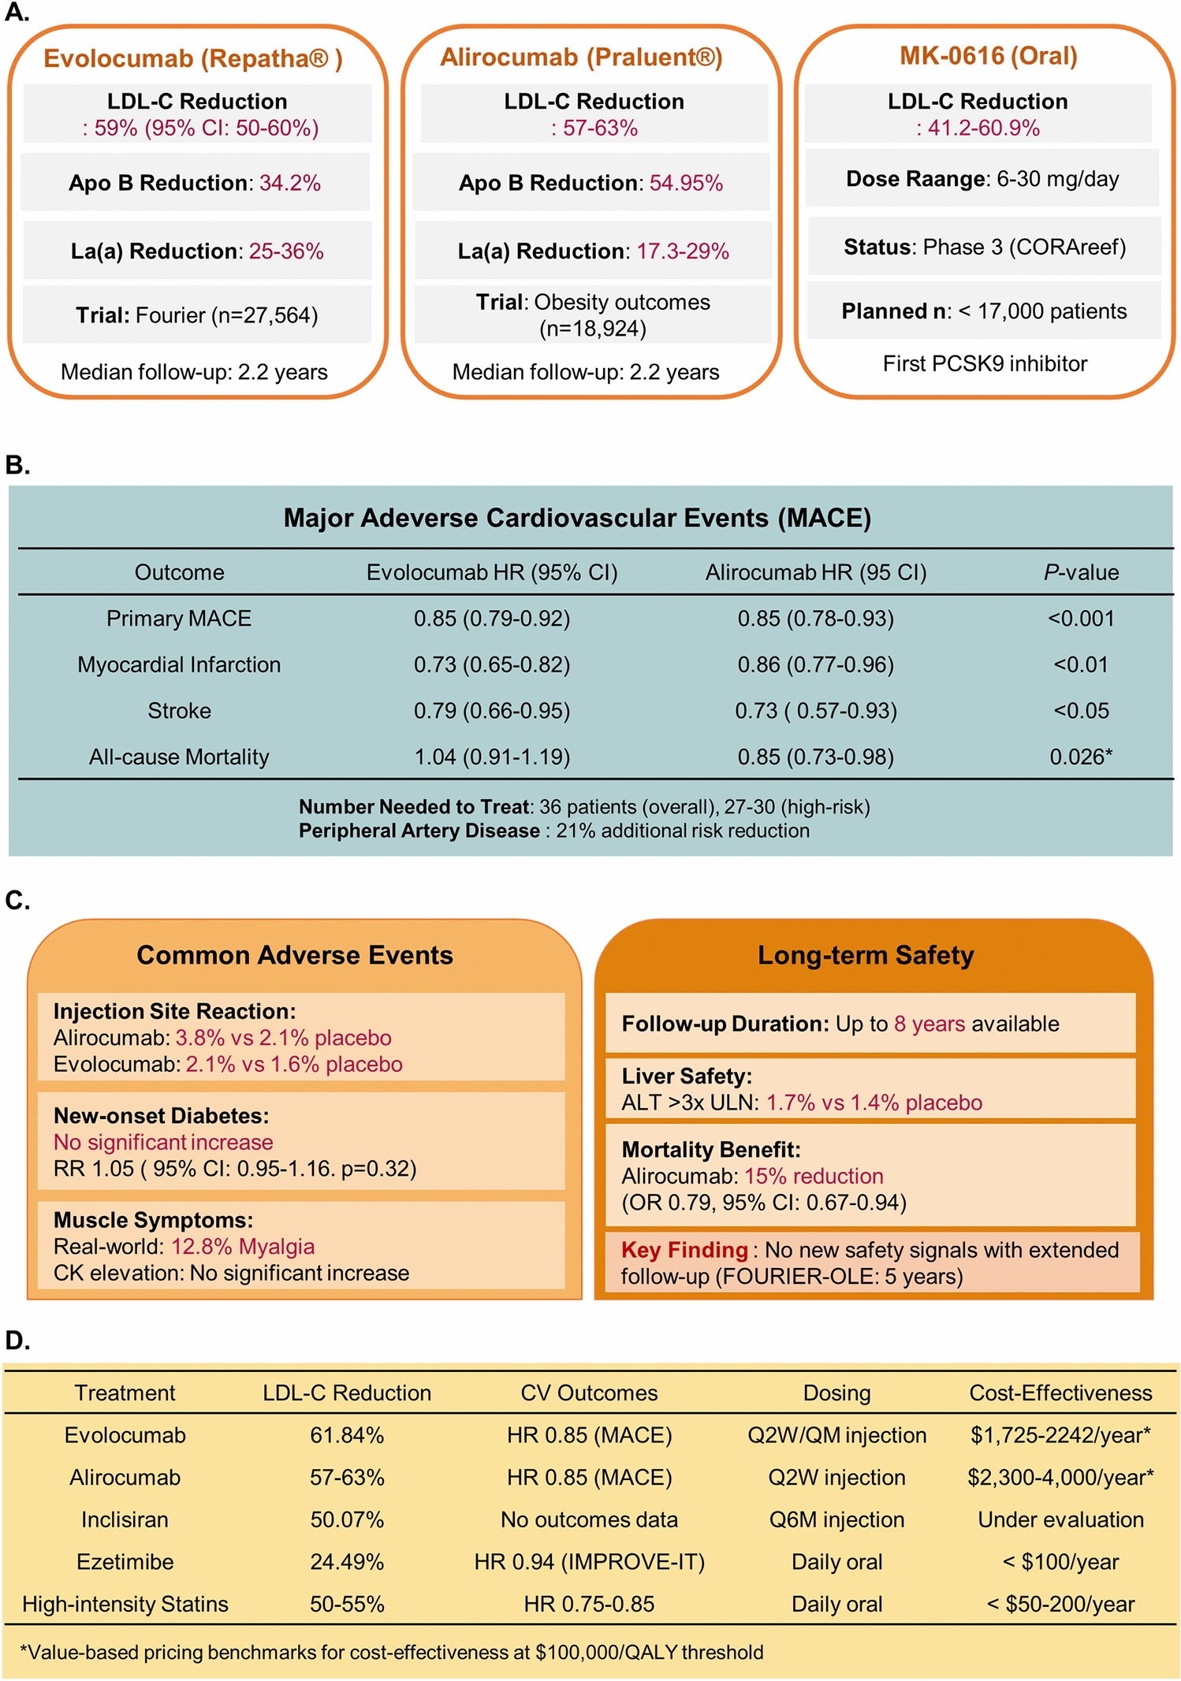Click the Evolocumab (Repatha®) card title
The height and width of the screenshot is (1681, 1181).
[x=192, y=58]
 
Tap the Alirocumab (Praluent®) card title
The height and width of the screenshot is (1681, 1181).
[x=581, y=58]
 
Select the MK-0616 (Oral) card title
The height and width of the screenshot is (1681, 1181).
[x=988, y=56]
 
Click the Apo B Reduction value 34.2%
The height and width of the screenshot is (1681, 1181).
[x=290, y=183]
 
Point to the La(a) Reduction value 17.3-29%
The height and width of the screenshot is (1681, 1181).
[x=682, y=251]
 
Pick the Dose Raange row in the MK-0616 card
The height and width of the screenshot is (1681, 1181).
[x=982, y=179]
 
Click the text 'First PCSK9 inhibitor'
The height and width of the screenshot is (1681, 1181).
[x=985, y=363]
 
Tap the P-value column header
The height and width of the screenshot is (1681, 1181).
[x=1081, y=572]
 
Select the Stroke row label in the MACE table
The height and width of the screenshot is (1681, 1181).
[x=179, y=711]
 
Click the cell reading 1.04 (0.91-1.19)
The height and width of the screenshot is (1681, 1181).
[x=492, y=757]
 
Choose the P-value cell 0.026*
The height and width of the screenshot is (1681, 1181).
[x=1081, y=757]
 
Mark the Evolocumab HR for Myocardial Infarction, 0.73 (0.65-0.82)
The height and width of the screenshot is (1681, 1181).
[x=492, y=665]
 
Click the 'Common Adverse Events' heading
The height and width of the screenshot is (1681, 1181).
[x=295, y=955]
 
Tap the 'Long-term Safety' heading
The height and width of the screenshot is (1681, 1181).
[x=866, y=955]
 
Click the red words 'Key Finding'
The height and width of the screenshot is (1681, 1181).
[x=684, y=1250]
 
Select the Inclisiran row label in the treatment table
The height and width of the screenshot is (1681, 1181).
[x=125, y=1519]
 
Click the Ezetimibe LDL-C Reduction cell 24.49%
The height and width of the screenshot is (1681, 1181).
[x=347, y=1562]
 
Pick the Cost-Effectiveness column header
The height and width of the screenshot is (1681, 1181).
[x=1060, y=1393]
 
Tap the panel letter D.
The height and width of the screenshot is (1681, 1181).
[x=17, y=1341]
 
